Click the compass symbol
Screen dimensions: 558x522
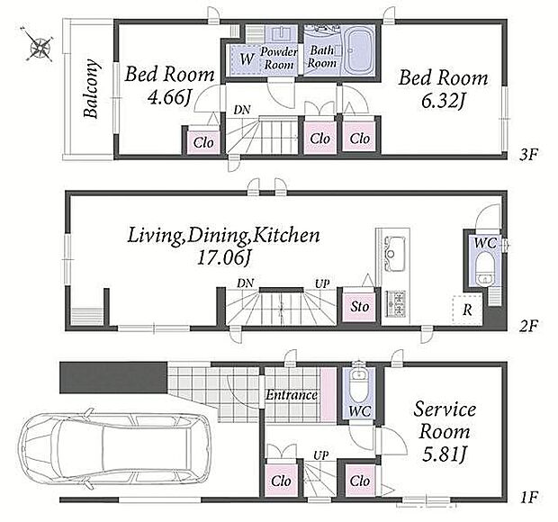[x=38, y=45]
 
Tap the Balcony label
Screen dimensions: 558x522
[x=91, y=88]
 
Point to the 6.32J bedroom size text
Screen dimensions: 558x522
[x=442, y=101]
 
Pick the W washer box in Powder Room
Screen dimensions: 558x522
[x=247, y=59]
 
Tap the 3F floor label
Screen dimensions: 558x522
[x=529, y=155]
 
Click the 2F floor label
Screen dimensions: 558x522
[x=529, y=326]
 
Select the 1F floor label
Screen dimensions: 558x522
[x=529, y=497]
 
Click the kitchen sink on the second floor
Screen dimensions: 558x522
[x=393, y=253]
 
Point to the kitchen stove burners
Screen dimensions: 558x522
[x=395, y=304]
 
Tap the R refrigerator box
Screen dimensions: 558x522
[x=467, y=310]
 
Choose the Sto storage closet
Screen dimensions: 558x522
[x=359, y=306]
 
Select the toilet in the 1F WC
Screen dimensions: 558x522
[x=359, y=385]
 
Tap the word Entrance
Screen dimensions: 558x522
[x=292, y=395]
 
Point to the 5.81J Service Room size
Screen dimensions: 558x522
[x=444, y=454]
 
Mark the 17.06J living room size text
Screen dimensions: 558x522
[x=223, y=257]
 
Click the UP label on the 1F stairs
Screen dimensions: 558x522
[x=321, y=455]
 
